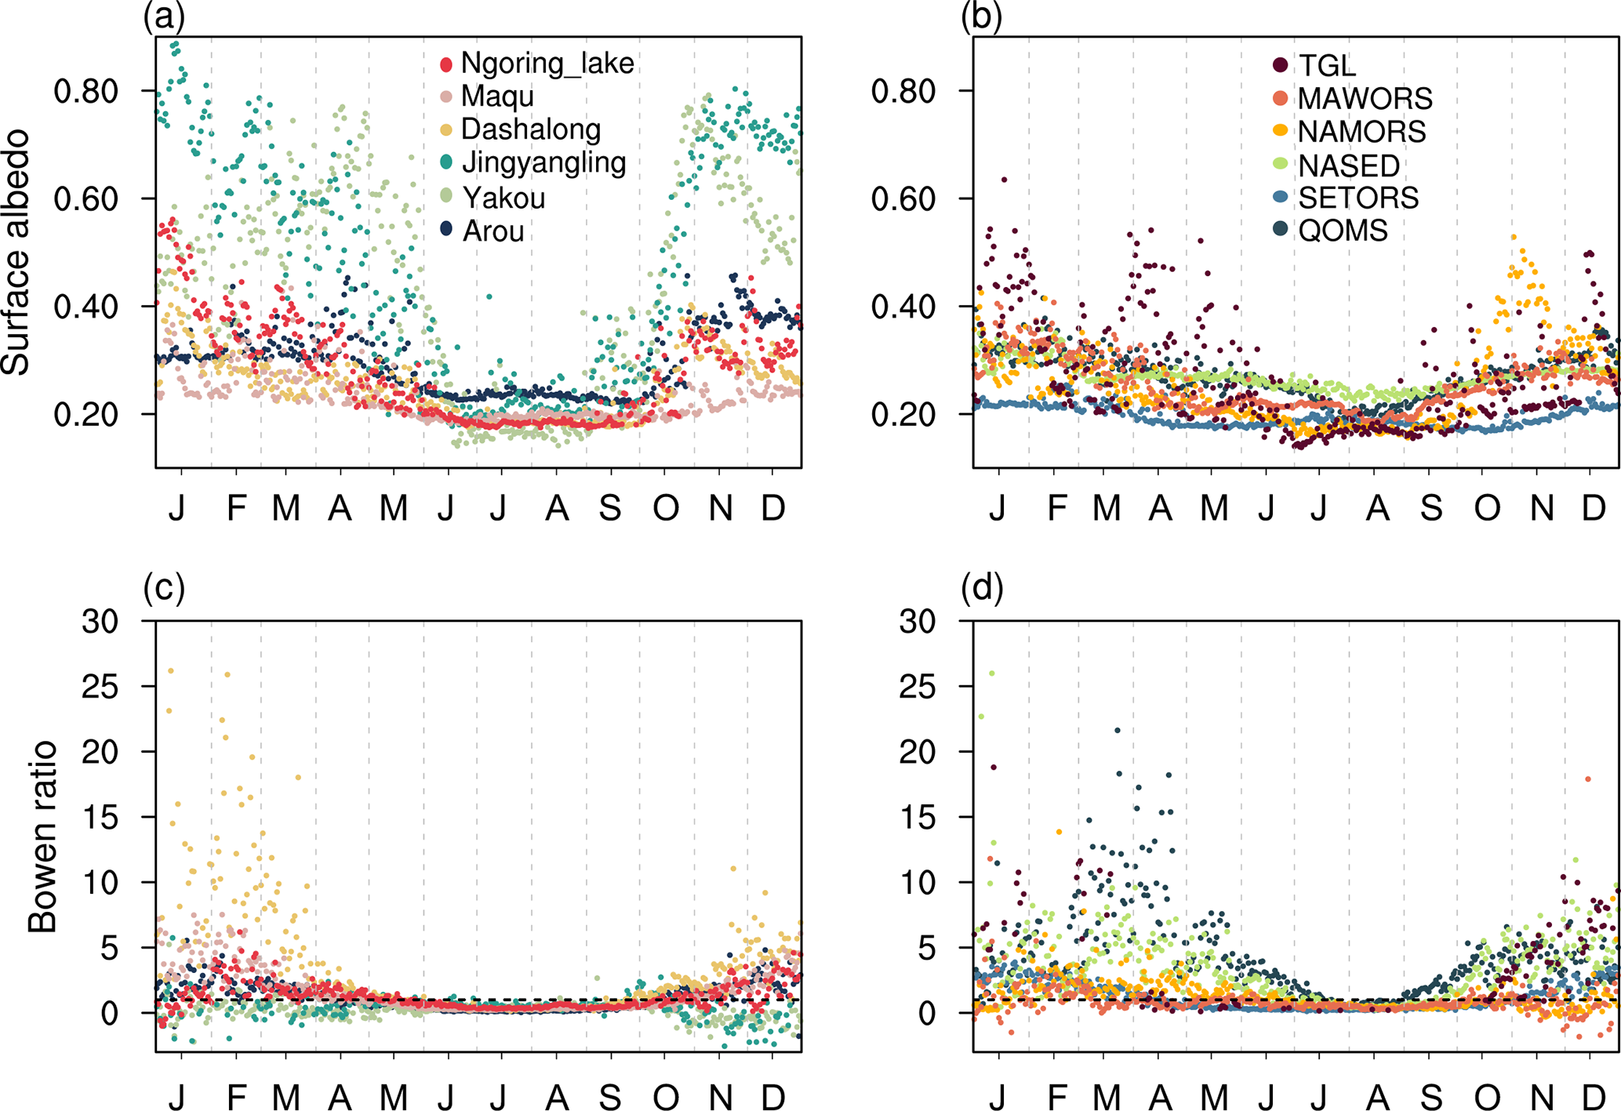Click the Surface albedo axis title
pyautogui.click(x=16, y=252)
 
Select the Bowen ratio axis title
pyautogui.click(x=42, y=836)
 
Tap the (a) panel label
pyautogui.click(x=164, y=16)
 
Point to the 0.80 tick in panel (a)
pyautogui.click(x=85, y=91)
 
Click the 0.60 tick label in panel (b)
pyautogui.click(x=903, y=198)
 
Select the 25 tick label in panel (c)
pyautogui.click(x=100, y=687)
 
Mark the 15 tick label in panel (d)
pyautogui.click(x=918, y=817)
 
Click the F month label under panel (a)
pyautogui.click(x=236, y=508)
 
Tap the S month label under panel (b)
pyautogui.click(x=1431, y=508)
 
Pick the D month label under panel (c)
pyautogui.click(x=773, y=1097)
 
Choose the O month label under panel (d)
pyautogui.click(x=1486, y=1097)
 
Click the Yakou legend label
pyautogui.click(x=503, y=198)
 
